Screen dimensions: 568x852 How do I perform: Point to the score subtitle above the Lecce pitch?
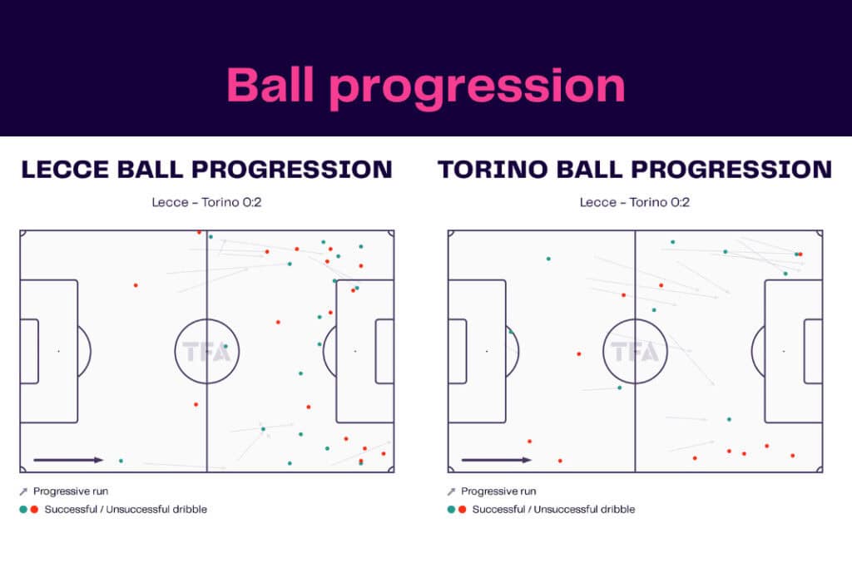point(206,202)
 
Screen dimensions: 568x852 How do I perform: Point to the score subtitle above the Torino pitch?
point(635,202)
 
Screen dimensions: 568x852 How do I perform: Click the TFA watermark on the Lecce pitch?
point(206,352)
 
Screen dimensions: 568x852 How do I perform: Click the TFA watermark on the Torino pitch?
point(635,352)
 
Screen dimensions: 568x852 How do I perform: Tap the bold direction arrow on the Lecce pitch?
point(68,460)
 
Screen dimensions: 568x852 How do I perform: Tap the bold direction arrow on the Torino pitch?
point(496,460)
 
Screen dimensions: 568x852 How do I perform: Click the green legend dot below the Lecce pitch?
point(23,509)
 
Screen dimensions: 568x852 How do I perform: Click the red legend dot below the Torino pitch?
point(462,509)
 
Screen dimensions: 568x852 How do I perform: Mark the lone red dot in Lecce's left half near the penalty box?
point(136,285)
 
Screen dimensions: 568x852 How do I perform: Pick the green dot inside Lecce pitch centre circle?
point(225,346)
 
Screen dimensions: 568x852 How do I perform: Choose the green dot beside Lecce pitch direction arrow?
point(121,461)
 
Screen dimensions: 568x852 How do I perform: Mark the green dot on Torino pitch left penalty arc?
point(511,331)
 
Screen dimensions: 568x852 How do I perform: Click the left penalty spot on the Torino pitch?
point(487,351)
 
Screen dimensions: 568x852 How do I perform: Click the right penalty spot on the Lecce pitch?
point(355,351)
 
